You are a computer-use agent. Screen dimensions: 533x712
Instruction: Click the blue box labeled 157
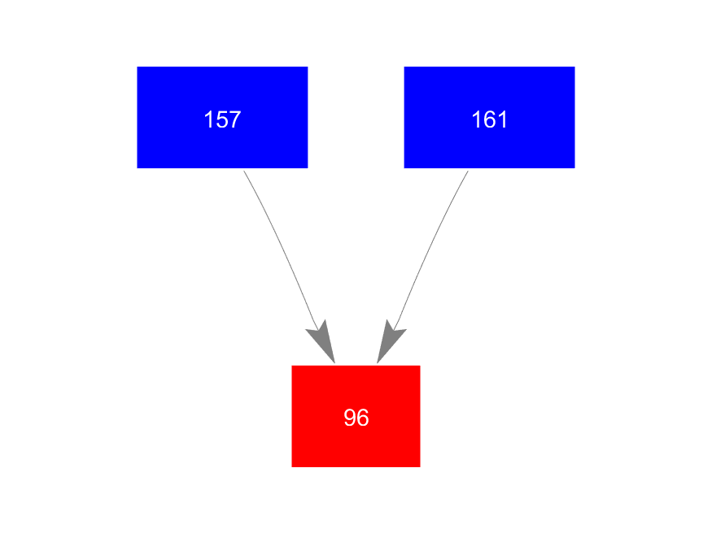pos(222,117)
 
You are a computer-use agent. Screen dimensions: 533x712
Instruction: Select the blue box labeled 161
pos(489,117)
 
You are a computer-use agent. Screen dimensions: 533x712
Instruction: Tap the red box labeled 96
pos(356,416)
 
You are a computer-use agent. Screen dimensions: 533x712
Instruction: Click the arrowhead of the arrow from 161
pos(388,341)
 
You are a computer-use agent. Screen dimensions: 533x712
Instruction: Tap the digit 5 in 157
pos(222,120)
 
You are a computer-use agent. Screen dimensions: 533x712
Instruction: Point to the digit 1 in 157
pos(209,120)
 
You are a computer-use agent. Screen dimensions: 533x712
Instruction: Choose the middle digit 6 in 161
pos(489,120)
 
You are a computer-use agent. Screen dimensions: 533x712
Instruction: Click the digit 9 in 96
pos(350,418)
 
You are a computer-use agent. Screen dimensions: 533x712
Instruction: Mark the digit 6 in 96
pos(362,418)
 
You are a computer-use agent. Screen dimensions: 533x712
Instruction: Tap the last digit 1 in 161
pos(502,120)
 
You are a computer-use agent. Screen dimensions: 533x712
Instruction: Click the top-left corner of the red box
pos(292,366)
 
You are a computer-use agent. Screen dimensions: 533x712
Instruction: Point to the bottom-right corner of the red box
pos(420,466)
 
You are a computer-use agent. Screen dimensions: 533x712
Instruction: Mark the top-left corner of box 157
pos(138,67)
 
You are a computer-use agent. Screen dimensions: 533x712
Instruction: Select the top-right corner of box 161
pos(574,67)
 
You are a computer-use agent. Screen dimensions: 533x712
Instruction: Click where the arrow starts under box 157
pos(244,171)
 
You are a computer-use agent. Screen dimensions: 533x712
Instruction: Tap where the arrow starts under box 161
pos(468,171)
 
